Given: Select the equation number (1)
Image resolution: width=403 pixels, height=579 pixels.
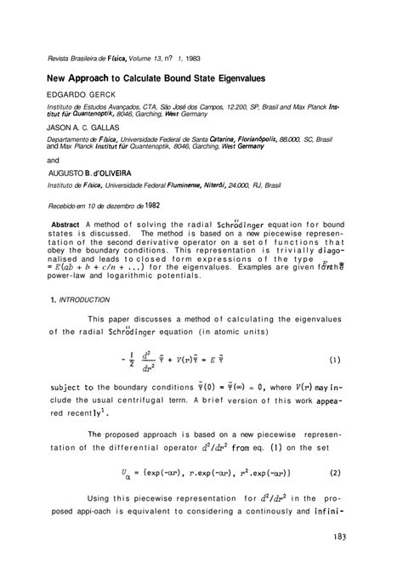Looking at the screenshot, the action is tap(337, 358).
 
